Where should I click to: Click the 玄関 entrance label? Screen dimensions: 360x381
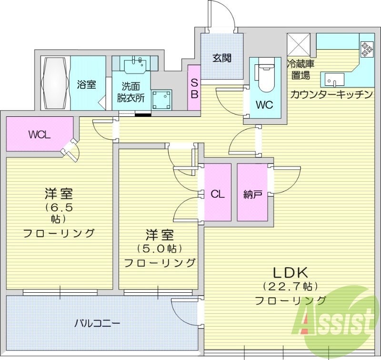221,58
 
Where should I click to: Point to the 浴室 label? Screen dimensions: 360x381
87,85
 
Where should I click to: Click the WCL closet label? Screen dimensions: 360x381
38,134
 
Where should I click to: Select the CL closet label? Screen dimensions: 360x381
218,194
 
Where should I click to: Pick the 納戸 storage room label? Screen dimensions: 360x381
253,194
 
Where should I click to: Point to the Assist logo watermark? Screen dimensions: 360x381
335,322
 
